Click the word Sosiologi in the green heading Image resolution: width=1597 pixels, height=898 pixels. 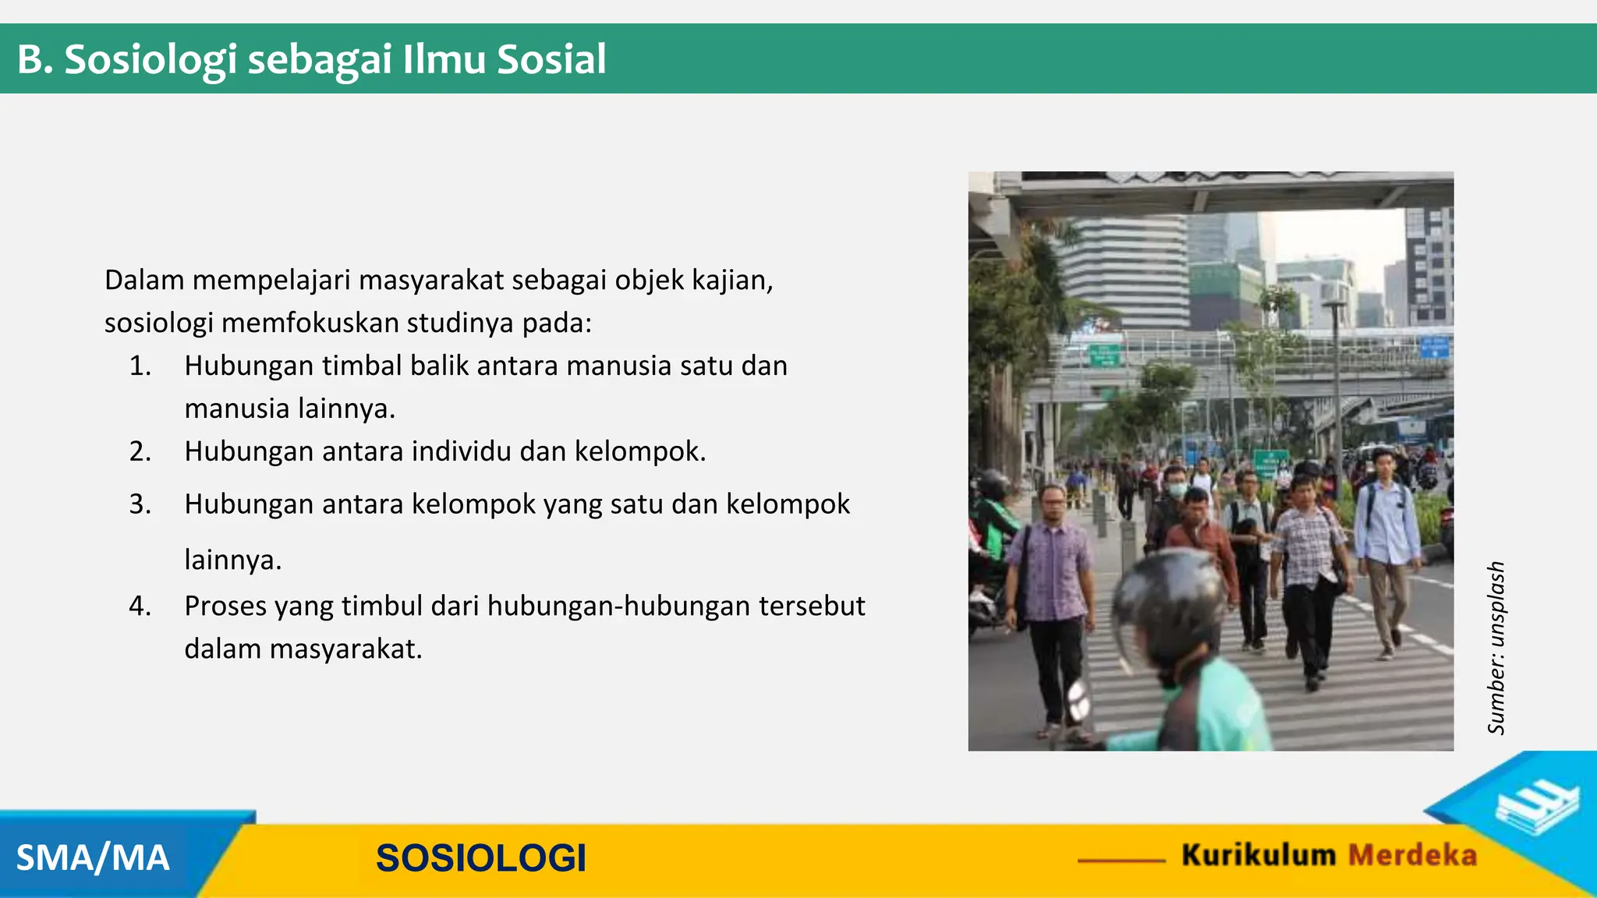[150, 60]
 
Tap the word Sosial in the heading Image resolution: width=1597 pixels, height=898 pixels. [551, 60]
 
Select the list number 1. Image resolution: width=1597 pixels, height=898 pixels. [140, 366]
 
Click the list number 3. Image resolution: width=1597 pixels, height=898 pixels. [140, 504]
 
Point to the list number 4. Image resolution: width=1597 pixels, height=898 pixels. [140, 606]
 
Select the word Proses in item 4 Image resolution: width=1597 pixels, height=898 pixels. [225, 606]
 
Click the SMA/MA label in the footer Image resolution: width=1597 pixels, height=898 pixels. [93, 858]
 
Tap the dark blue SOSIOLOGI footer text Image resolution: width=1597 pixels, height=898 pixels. [480, 858]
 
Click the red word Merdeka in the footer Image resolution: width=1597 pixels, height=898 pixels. [1412, 855]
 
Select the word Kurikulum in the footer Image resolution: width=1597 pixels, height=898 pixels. [1258, 855]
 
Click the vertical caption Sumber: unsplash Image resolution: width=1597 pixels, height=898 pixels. [1496, 648]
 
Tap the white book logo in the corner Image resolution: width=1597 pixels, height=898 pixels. [1536, 810]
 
